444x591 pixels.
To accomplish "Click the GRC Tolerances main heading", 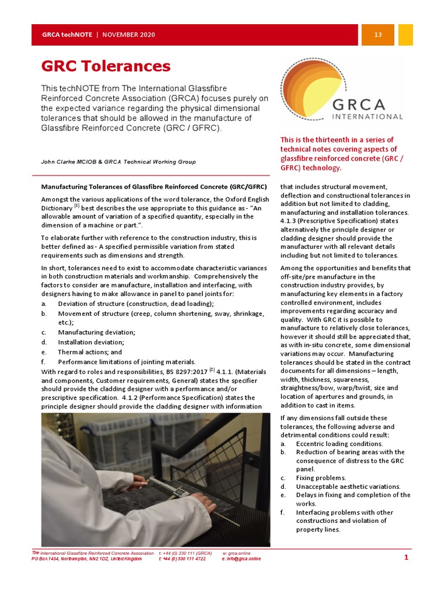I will click(106, 66).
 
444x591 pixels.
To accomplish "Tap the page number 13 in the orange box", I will click(378, 35).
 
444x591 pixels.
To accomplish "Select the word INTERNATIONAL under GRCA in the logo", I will click(368, 117).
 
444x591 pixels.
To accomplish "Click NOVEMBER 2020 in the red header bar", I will click(129, 35).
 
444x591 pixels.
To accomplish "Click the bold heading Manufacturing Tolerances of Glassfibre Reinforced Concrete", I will click(148, 186).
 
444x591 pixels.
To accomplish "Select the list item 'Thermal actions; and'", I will click(90, 352).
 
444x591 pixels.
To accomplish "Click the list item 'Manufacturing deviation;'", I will click(97, 332).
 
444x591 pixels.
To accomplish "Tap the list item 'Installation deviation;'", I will click(91, 342).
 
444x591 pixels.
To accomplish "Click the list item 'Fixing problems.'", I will click(321, 478).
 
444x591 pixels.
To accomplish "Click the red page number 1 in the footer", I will click(406, 558).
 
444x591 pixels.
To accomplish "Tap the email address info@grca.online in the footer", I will click(243, 559).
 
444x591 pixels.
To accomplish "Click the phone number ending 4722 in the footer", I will click(182, 559).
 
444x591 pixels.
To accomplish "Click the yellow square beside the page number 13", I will click(406, 35).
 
